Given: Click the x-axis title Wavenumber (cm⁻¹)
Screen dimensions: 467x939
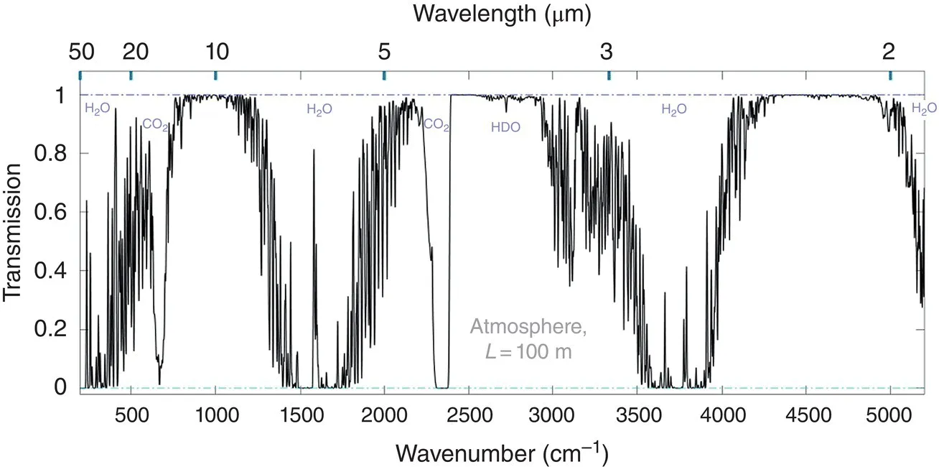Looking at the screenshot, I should [x=502, y=453].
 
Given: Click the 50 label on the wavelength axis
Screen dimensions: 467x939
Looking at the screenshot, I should [x=80, y=52].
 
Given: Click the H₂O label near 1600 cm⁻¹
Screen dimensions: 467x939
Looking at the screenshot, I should [x=319, y=109].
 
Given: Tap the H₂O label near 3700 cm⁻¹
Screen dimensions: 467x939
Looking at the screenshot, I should [x=674, y=109].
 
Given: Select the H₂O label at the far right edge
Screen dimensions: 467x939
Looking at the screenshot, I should [x=923, y=108].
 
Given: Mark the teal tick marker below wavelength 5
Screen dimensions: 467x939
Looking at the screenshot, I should [x=384, y=75].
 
